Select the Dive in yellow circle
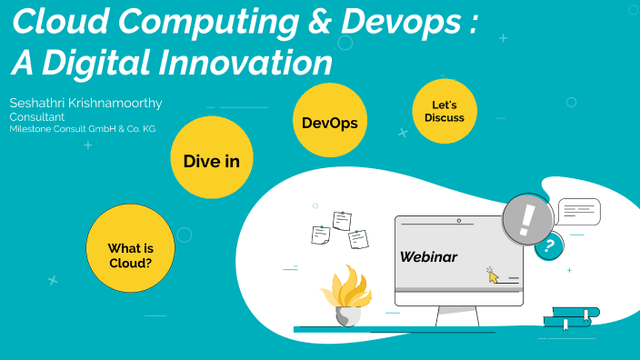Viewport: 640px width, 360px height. (211, 161)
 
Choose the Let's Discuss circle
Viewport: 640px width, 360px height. (445, 112)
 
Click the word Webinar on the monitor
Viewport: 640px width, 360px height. (429, 257)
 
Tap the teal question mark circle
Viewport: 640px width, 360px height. (548, 245)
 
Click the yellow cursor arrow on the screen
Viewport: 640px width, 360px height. (494, 275)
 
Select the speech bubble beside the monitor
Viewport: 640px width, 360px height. (578, 212)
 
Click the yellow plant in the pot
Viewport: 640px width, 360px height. (345, 287)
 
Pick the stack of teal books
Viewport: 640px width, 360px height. (571, 317)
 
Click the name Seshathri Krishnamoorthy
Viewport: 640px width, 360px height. (85, 103)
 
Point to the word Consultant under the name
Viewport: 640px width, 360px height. (36, 117)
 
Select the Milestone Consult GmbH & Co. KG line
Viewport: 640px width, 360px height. (83, 129)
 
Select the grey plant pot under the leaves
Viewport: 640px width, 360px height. (347, 315)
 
